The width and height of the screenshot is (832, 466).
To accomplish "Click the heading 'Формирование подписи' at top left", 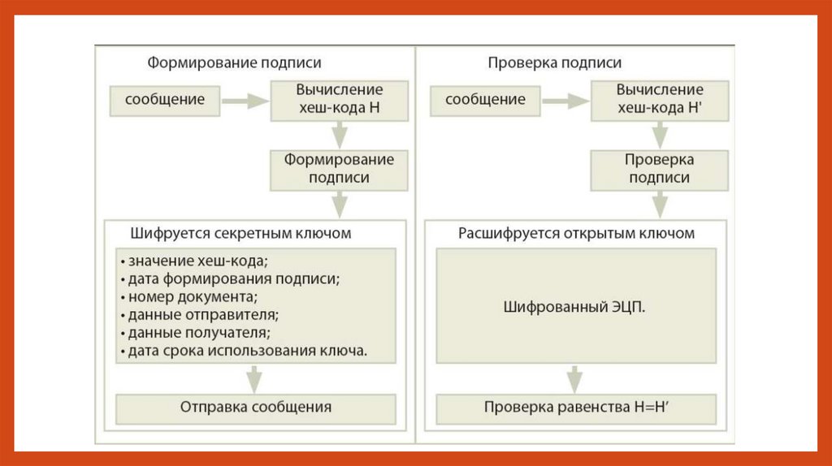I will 233,63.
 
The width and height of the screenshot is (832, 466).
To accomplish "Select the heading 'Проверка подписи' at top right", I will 555,63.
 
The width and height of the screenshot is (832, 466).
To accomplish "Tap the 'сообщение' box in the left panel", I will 165,101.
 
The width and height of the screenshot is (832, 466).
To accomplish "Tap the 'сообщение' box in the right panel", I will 486,101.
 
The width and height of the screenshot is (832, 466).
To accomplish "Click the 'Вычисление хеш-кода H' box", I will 339,98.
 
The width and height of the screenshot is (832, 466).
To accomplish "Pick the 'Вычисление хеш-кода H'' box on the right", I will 660,98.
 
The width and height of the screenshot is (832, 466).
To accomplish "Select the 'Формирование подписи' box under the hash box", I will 339,169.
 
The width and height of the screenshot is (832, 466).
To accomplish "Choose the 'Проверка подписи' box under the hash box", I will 660,169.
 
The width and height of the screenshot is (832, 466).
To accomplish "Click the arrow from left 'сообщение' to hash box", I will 245,101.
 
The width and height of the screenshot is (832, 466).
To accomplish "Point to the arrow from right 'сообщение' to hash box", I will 566,101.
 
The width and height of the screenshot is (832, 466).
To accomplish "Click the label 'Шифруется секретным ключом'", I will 240,233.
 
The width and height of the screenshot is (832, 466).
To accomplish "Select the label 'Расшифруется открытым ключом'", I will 577,233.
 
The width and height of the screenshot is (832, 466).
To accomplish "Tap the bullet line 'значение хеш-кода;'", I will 193,261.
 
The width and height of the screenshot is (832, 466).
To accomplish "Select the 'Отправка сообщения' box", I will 256,408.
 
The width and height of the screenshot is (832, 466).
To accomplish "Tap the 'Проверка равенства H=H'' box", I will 577,408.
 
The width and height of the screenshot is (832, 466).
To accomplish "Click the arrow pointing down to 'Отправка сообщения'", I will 255,378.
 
